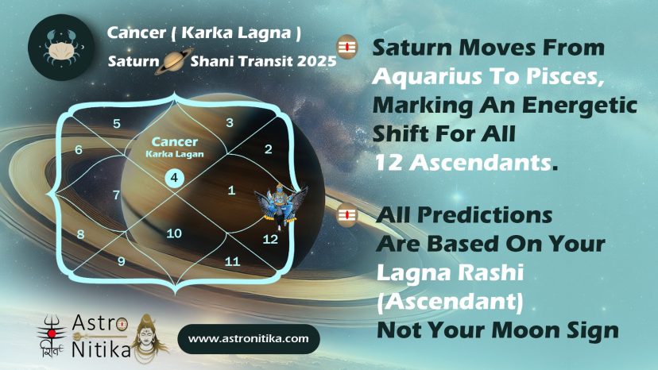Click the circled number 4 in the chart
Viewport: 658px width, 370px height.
click(174, 178)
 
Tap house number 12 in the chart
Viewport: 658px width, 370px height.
click(270, 239)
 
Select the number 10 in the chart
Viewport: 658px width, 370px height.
click(174, 233)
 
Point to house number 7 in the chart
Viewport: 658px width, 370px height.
click(116, 195)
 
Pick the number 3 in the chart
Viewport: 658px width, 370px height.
click(230, 122)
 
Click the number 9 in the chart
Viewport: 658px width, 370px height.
click(122, 261)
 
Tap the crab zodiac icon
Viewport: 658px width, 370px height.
click(61, 47)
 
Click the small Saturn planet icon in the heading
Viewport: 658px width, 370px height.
click(174, 61)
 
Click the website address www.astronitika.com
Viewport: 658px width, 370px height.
click(249, 338)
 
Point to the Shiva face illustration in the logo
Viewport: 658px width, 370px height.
click(148, 337)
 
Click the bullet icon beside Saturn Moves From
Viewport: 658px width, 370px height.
click(346, 47)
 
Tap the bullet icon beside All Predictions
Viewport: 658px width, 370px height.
click(346, 215)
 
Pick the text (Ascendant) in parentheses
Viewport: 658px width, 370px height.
click(450, 301)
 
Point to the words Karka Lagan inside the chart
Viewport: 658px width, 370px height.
click(175, 154)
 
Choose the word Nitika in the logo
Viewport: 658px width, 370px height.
click(101, 349)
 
